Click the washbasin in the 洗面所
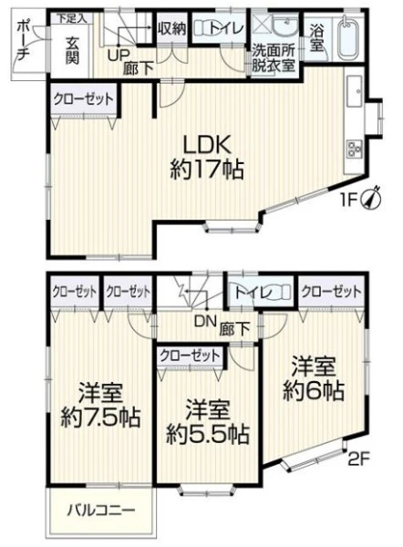tap(285, 26)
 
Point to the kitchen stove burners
tap(354, 150)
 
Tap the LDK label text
tap(207, 144)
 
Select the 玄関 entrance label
tap(72, 51)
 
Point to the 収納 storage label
tap(172, 28)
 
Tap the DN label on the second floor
tap(205, 322)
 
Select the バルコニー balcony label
tap(101, 511)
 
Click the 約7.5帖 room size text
tap(100, 417)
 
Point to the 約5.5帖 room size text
tap(207, 434)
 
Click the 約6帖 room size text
tap(314, 390)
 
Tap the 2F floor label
tap(358, 459)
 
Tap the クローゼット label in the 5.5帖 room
tap(190, 356)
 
